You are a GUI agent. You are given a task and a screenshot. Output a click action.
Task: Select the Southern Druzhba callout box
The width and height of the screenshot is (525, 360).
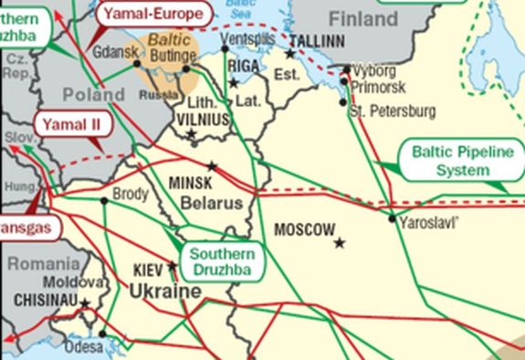[x=222, y=262]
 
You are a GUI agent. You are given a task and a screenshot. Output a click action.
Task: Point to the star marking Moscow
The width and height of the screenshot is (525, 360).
[x=340, y=243]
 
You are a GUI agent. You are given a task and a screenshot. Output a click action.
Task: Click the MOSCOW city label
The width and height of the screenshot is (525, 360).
[x=304, y=228]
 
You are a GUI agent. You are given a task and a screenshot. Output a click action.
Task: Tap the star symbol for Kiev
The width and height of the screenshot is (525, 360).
[x=173, y=268]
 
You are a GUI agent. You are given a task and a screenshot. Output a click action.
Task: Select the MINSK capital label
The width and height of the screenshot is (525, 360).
[x=191, y=183]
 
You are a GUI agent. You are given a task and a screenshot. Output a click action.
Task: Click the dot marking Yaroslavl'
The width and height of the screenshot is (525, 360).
[x=393, y=218]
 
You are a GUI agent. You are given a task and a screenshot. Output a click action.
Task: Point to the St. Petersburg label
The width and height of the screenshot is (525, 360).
[x=393, y=111]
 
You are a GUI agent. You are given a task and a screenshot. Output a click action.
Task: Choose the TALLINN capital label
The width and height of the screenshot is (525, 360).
[x=316, y=42]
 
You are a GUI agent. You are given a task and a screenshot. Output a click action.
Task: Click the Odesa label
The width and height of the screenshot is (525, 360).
[x=85, y=346]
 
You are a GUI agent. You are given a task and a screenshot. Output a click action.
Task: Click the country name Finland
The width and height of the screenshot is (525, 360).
[x=363, y=19]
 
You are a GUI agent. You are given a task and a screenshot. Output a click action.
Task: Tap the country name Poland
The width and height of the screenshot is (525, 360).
[x=94, y=94]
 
